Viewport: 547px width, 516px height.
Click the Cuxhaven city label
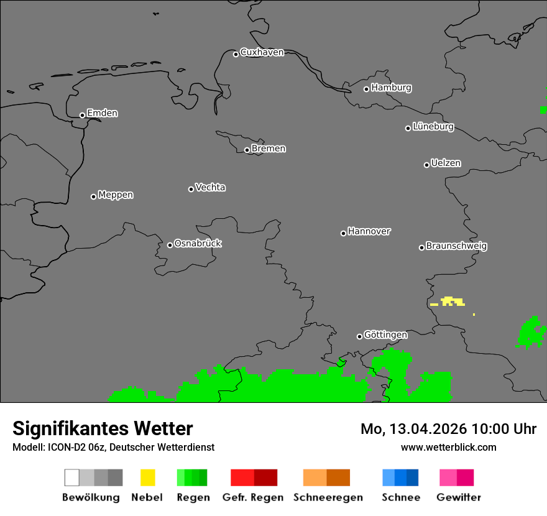[262, 52]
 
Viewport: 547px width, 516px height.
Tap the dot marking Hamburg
[366, 89]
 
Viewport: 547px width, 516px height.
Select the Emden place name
[102, 113]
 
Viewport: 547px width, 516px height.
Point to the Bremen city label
[269, 149]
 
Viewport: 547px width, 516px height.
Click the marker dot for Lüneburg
[408, 128]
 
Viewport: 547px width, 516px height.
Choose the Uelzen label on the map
[446, 163]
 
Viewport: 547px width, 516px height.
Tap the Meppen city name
[116, 195]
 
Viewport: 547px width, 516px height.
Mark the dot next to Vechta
[191, 189]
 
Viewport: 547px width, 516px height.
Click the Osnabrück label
[198, 243]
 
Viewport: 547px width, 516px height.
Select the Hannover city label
[369, 231]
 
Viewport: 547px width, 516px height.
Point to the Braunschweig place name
[456, 246]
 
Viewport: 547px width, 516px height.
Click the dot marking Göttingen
[359, 336]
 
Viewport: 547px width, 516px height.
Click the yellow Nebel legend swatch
[147, 477]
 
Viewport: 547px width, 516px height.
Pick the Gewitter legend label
[459, 497]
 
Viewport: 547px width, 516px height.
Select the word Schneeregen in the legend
[328, 497]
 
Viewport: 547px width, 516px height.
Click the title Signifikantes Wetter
[103, 428]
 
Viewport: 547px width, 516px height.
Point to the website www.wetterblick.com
[448, 447]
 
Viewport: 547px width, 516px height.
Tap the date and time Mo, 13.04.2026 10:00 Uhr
[448, 429]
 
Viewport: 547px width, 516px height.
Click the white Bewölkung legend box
[71, 477]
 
